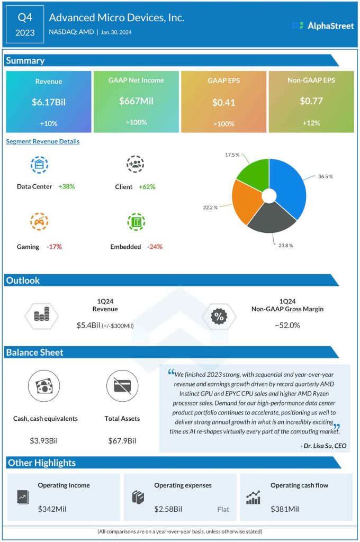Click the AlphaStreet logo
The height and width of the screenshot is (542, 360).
[x=322, y=25]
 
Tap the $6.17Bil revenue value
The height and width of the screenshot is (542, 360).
[x=49, y=102]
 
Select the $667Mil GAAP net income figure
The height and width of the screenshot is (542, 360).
[x=136, y=101]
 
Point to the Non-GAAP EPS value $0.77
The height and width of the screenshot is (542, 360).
[x=311, y=101]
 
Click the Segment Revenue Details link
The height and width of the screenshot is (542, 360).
[x=43, y=141]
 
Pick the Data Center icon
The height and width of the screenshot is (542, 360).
[x=39, y=165]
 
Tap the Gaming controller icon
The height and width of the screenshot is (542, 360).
[x=39, y=222]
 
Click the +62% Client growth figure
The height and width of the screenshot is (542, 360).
[x=147, y=187]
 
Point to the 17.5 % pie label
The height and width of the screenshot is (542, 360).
[x=230, y=155]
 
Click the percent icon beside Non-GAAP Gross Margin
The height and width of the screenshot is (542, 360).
[x=218, y=317]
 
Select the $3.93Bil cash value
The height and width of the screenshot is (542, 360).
[x=46, y=440]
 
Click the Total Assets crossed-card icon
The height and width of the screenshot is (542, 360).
[x=122, y=386]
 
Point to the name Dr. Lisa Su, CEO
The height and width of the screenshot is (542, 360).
[x=323, y=446]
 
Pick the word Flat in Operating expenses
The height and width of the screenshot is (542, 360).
[x=223, y=510]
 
